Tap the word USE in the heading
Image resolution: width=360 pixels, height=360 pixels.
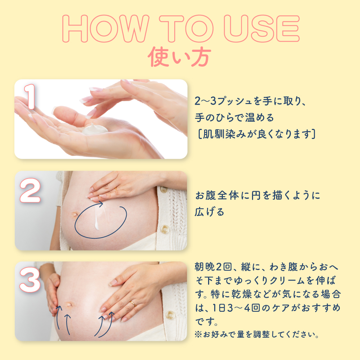point(262,29)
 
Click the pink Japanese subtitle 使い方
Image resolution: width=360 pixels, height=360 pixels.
point(179,57)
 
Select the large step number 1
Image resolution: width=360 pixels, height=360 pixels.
point(30,96)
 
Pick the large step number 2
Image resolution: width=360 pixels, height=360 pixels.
point(30,190)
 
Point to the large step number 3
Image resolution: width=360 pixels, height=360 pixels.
point(30,280)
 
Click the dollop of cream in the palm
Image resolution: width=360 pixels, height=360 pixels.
point(95,129)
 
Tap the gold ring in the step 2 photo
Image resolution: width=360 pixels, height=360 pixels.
point(116,189)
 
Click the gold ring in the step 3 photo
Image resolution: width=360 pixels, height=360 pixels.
point(133,303)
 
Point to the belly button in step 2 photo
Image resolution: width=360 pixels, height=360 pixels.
point(75,215)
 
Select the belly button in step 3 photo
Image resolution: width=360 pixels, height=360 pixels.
point(69,305)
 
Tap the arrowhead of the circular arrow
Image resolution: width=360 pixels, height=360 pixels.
point(100,204)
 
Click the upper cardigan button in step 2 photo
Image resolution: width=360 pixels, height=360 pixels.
point(163,190)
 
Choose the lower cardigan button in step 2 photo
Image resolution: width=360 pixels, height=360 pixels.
point(165,229)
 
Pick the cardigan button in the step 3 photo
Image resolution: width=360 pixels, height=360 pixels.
point(170,315)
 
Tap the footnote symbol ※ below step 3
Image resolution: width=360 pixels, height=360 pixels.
point(198,334)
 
